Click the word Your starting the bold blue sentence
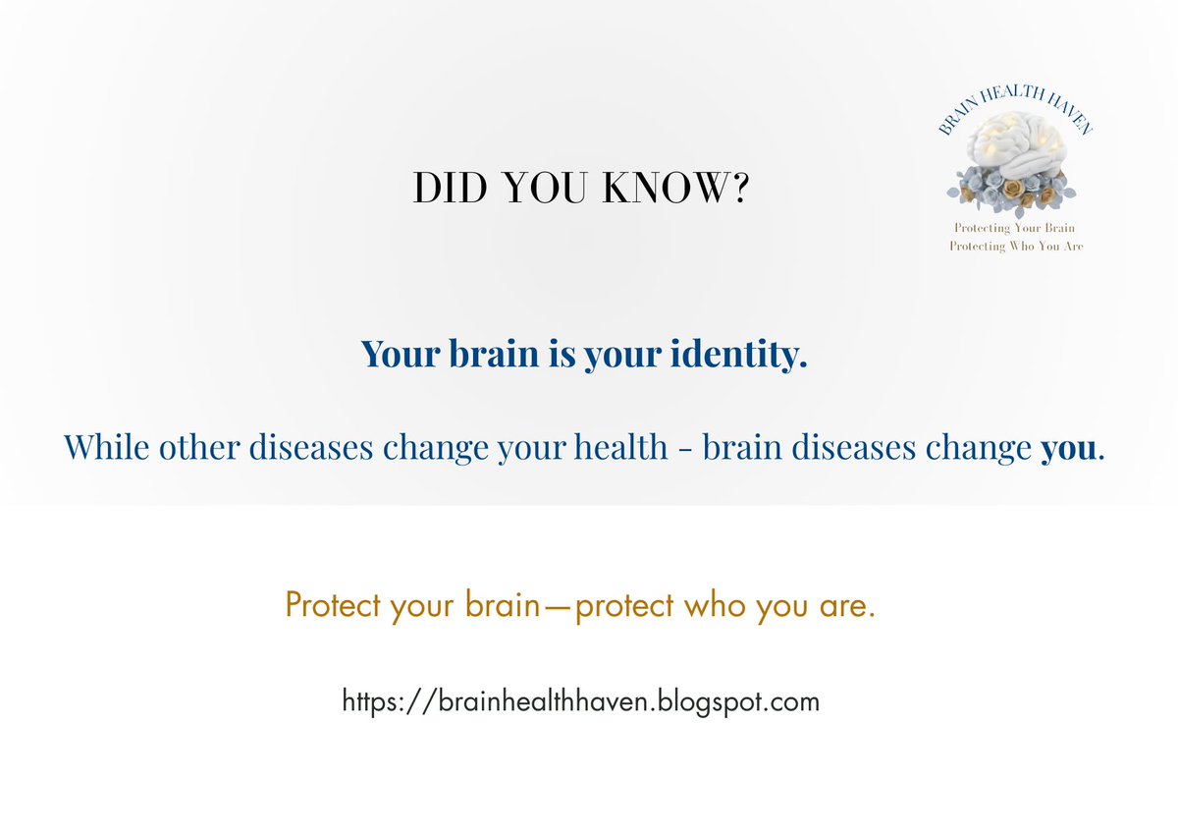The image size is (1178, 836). pos(401,354)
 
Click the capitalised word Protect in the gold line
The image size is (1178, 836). pos(332,605)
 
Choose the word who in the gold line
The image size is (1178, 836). pos(715,605)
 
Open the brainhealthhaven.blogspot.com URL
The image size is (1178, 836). pos(580,701)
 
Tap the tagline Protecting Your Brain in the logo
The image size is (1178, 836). pos(1014,228)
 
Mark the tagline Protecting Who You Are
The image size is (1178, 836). pos(1016,247)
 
